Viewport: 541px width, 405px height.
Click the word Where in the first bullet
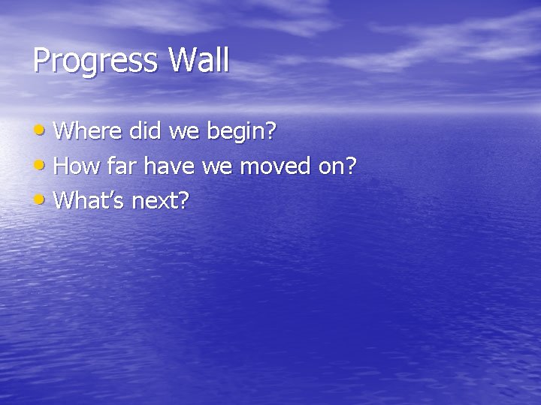[89, 132]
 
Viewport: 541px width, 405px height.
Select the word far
[119, 166]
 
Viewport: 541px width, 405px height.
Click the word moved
[276, 166]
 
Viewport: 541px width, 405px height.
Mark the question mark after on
[349, 166]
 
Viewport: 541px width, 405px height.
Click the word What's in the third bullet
[90, 199]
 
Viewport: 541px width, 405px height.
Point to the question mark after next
[184, 199]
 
